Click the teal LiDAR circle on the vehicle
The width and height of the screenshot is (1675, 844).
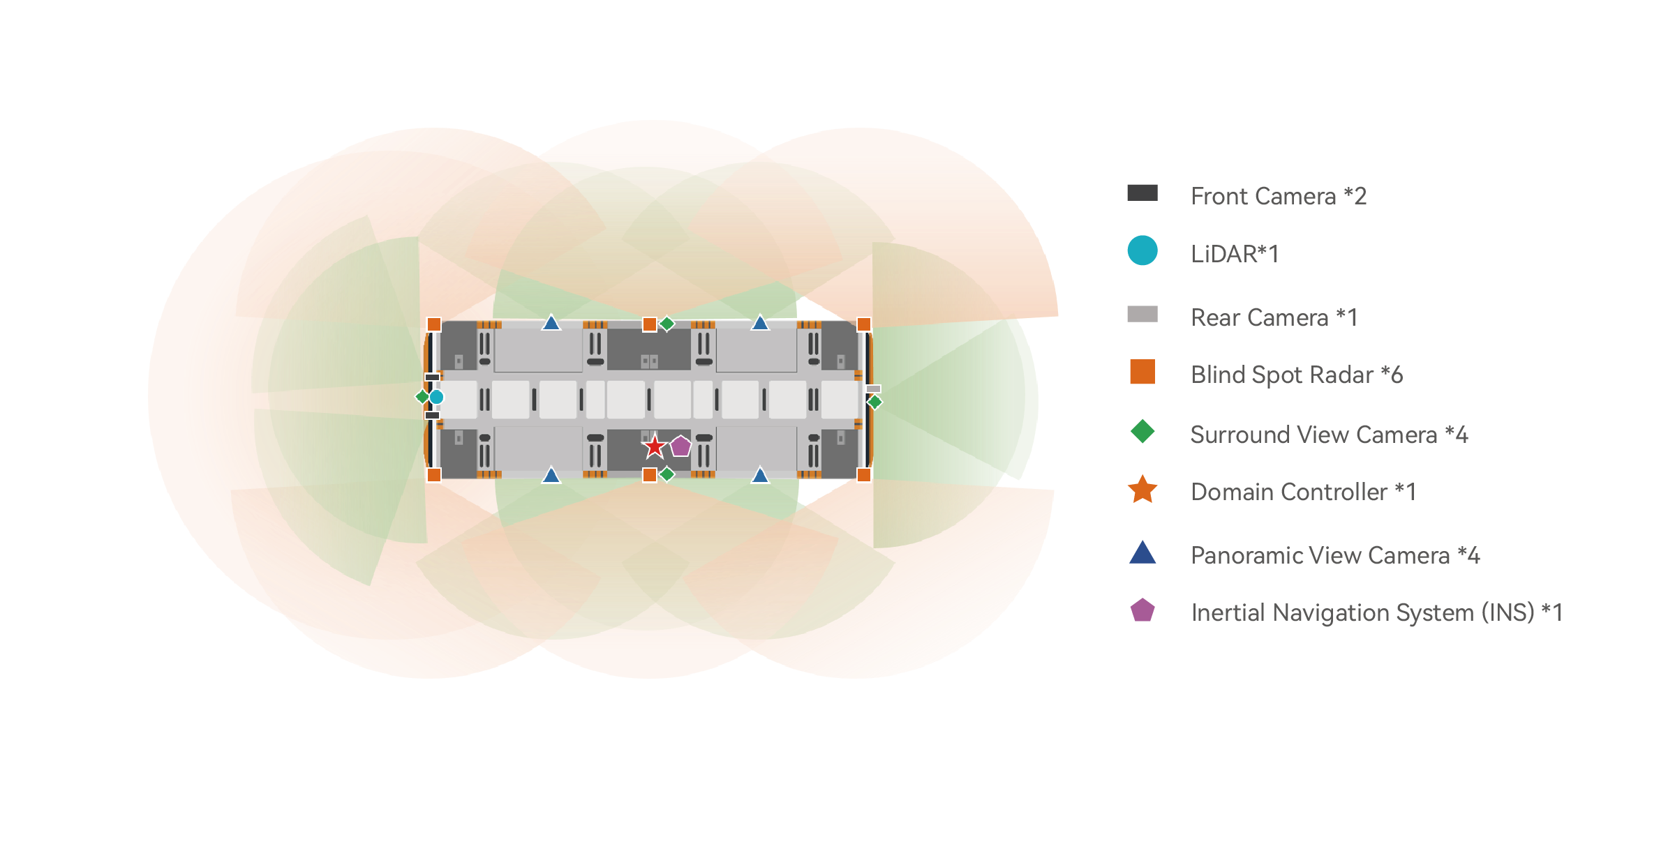tap(436, 397)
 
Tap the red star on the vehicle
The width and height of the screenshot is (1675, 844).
tap(654, 446)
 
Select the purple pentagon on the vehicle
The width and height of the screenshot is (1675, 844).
tap(680, 446)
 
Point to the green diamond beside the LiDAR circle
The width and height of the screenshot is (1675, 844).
tap(422, 397)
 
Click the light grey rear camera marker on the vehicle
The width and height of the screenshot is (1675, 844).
tap(873, 389)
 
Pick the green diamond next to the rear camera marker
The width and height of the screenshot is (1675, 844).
tap(874, 402)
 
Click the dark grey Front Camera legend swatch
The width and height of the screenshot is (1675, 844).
tap(1142, 193)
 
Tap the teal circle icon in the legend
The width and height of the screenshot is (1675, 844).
tap(1142, 251)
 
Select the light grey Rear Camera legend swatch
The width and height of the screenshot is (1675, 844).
tap(1142, 314)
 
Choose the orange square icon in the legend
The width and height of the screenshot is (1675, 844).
tap(1142, 372)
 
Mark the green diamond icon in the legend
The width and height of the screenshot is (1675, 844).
tap(1142, 431)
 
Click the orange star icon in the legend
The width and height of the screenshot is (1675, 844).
tap(1142, 490)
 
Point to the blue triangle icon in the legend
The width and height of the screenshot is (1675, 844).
tap(1142, 552)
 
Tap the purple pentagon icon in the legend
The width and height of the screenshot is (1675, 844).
tap(1142, 610)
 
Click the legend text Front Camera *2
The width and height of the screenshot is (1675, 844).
tap(1278, 196)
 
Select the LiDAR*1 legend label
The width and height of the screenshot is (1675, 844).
tap(1234, 254)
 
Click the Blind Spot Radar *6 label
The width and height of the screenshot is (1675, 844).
tap(1296, 375)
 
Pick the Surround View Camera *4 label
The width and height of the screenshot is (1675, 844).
tap(1329, 435)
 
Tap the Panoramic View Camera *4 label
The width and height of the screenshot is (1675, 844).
tap(1334, 555)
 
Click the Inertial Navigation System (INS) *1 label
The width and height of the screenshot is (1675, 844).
tap(1376, 612)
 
